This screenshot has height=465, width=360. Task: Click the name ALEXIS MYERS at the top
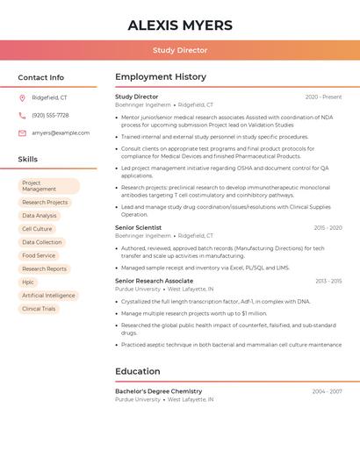[180, 25]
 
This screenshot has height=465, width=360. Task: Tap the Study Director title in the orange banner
[180, 50]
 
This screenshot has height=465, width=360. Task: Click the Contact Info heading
[40, 77]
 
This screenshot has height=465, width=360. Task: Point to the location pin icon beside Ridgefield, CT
[22, 97]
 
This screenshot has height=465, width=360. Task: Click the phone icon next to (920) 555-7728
[22, 115]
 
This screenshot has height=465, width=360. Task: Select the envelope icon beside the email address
[22, 132]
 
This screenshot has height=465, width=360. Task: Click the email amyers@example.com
[61, 132]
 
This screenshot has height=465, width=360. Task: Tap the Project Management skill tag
[48, 186]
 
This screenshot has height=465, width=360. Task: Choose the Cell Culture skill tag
[37, 229]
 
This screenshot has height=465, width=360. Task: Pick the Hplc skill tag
[28, 282]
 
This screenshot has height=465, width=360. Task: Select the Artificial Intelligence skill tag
[48, 296]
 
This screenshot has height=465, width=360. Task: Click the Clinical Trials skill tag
[39, 309]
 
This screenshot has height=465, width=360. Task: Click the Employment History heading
[161, 77]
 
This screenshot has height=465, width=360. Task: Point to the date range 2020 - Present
[323, 97]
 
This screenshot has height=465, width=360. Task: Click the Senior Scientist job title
[138, 227]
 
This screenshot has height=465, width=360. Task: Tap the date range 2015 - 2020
[328, 227]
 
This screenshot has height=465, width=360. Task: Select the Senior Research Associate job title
[154, 281]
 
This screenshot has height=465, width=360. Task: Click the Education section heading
[137, 371]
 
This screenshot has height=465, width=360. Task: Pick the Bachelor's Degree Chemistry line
[158, 391]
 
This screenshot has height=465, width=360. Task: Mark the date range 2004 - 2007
[327, 391]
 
